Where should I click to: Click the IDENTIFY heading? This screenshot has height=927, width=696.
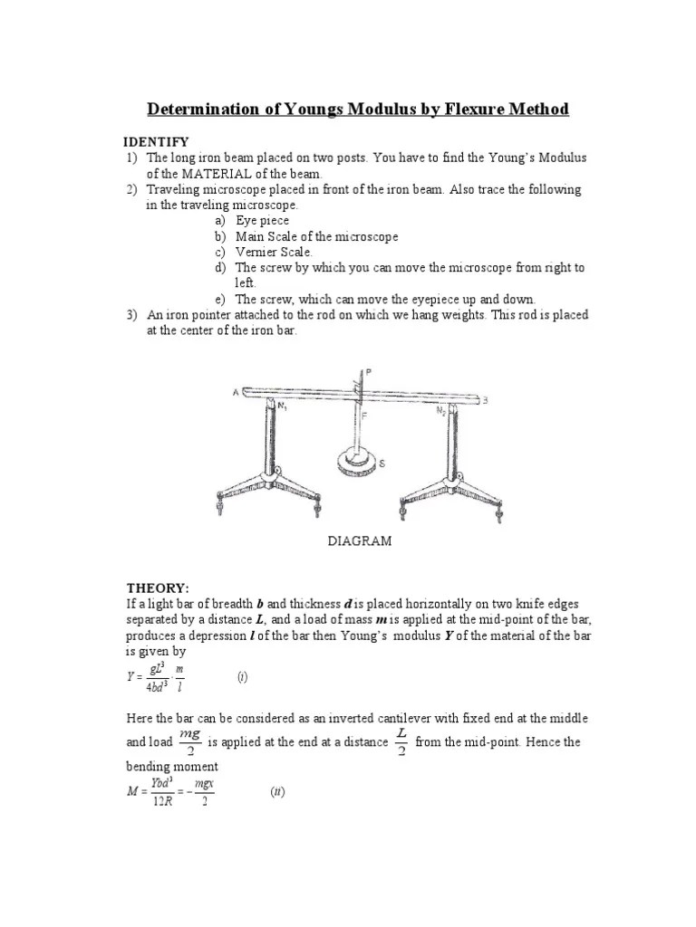point(157,141)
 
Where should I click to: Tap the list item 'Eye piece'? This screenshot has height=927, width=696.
point(263,220)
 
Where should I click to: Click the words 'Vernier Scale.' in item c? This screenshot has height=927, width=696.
point(274,252)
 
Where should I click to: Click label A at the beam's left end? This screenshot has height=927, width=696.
point(235,392)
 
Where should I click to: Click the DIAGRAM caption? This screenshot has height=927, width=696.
point(360,540)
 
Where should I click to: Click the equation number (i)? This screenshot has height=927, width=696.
point(243,676)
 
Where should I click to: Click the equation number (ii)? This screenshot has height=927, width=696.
point(277,792)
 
